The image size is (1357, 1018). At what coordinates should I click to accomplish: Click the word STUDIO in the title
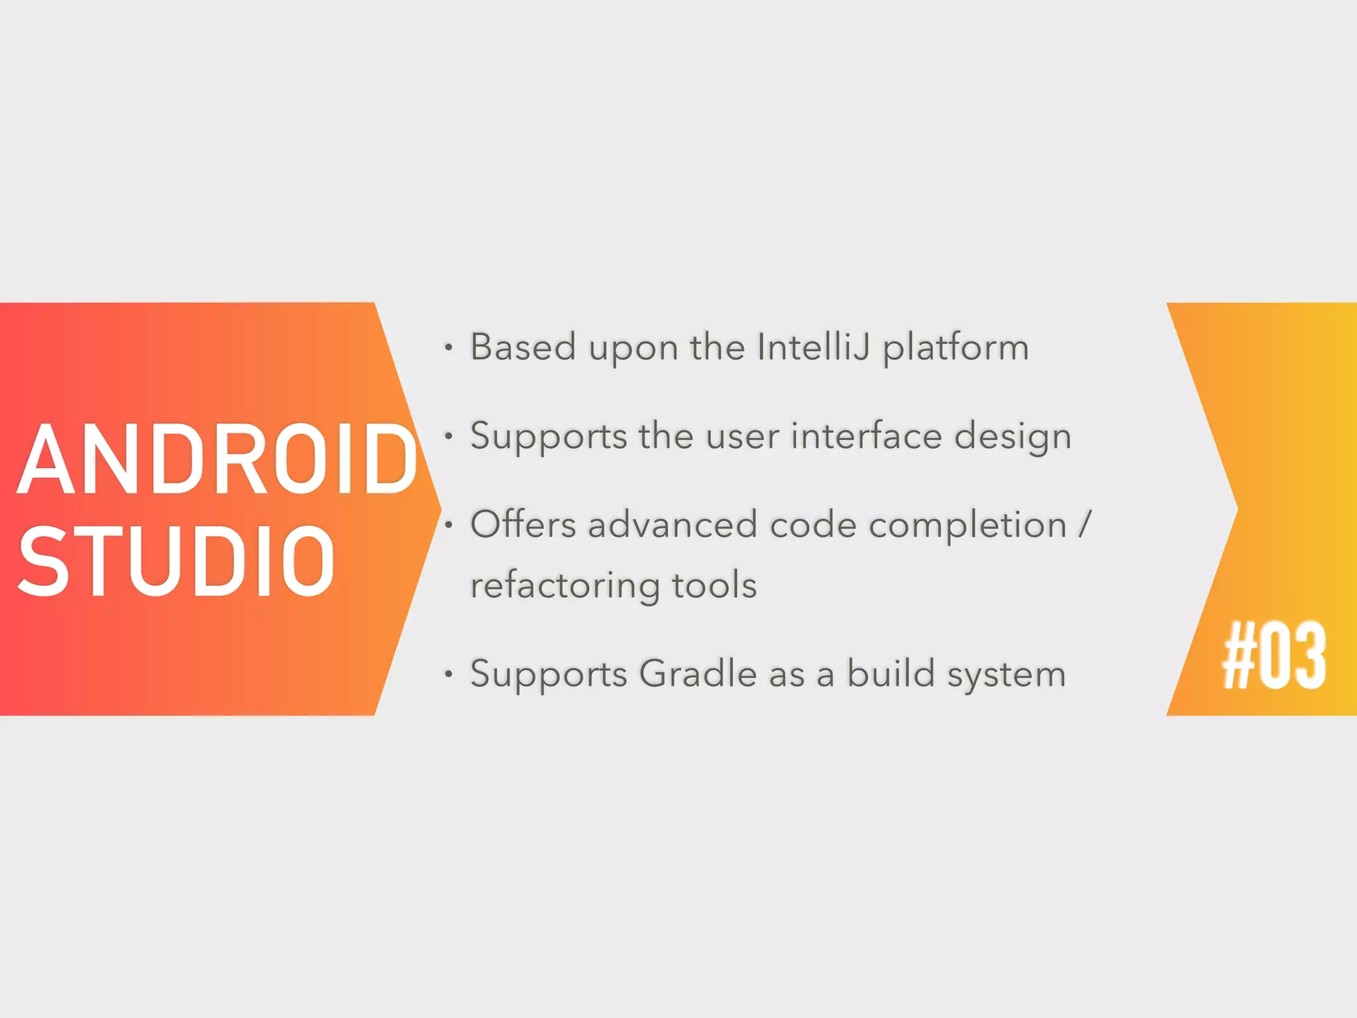point(176,561)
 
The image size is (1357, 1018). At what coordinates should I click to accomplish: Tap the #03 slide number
point(1274,656)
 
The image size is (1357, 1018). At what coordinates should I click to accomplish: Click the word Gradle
point(698,674)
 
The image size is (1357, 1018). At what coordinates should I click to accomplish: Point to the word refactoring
point(565,585)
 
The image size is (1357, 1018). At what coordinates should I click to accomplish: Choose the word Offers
point(523,524)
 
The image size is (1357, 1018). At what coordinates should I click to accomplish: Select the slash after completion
point(1084,524)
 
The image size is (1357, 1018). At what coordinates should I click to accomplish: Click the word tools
point(714,585)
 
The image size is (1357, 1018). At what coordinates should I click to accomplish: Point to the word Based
point(523,347)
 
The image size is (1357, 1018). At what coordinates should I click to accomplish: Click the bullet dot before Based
point(449,347)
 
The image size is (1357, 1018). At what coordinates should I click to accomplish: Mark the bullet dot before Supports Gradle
point(449,675)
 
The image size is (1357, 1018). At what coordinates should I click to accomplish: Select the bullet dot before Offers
point(449,525)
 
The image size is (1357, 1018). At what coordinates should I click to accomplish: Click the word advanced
point(672,524)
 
